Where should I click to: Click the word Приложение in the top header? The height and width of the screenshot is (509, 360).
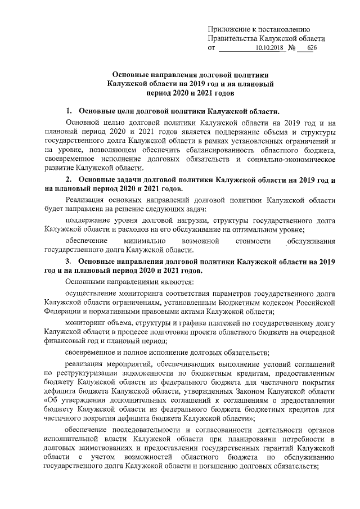pos(229,29)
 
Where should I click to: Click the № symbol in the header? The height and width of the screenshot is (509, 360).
pos(291,49)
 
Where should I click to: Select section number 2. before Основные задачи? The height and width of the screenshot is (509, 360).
pos(69,179)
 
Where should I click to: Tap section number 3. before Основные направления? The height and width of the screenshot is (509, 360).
pos(69,262)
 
